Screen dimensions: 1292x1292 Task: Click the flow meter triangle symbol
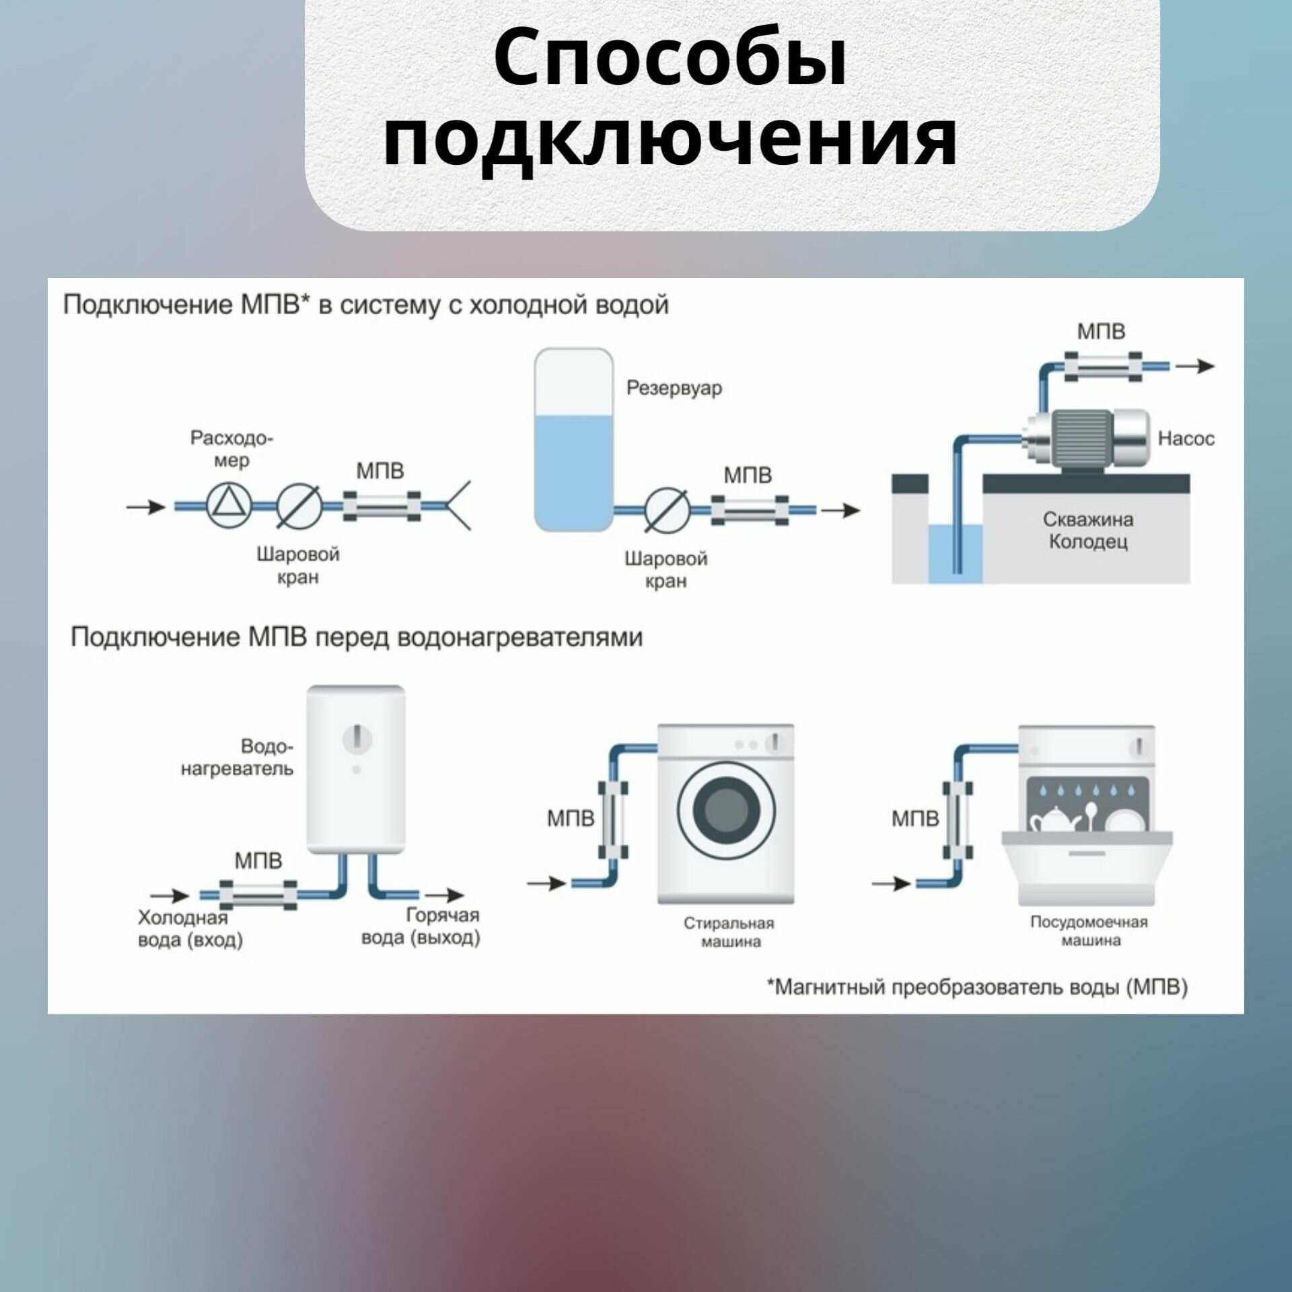pos(229,506)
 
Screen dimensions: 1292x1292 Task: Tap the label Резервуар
pos(674,388)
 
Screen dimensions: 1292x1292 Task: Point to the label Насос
pos(1186,439)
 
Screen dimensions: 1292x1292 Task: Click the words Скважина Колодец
pos(1087,530)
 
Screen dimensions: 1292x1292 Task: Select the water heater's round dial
pos(357,739)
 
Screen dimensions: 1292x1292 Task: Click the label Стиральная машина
pos(729,931)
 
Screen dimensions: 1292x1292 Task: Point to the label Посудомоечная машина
pos(1088,930)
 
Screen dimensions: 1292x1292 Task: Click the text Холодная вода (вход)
pos(190,928)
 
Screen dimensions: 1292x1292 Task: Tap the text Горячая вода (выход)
pos(422,927)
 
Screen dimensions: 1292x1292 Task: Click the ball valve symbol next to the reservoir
pos(666,510)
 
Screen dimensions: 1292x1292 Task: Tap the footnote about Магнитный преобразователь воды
pos(977,987)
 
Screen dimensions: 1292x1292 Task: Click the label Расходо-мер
pos(232,449)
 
